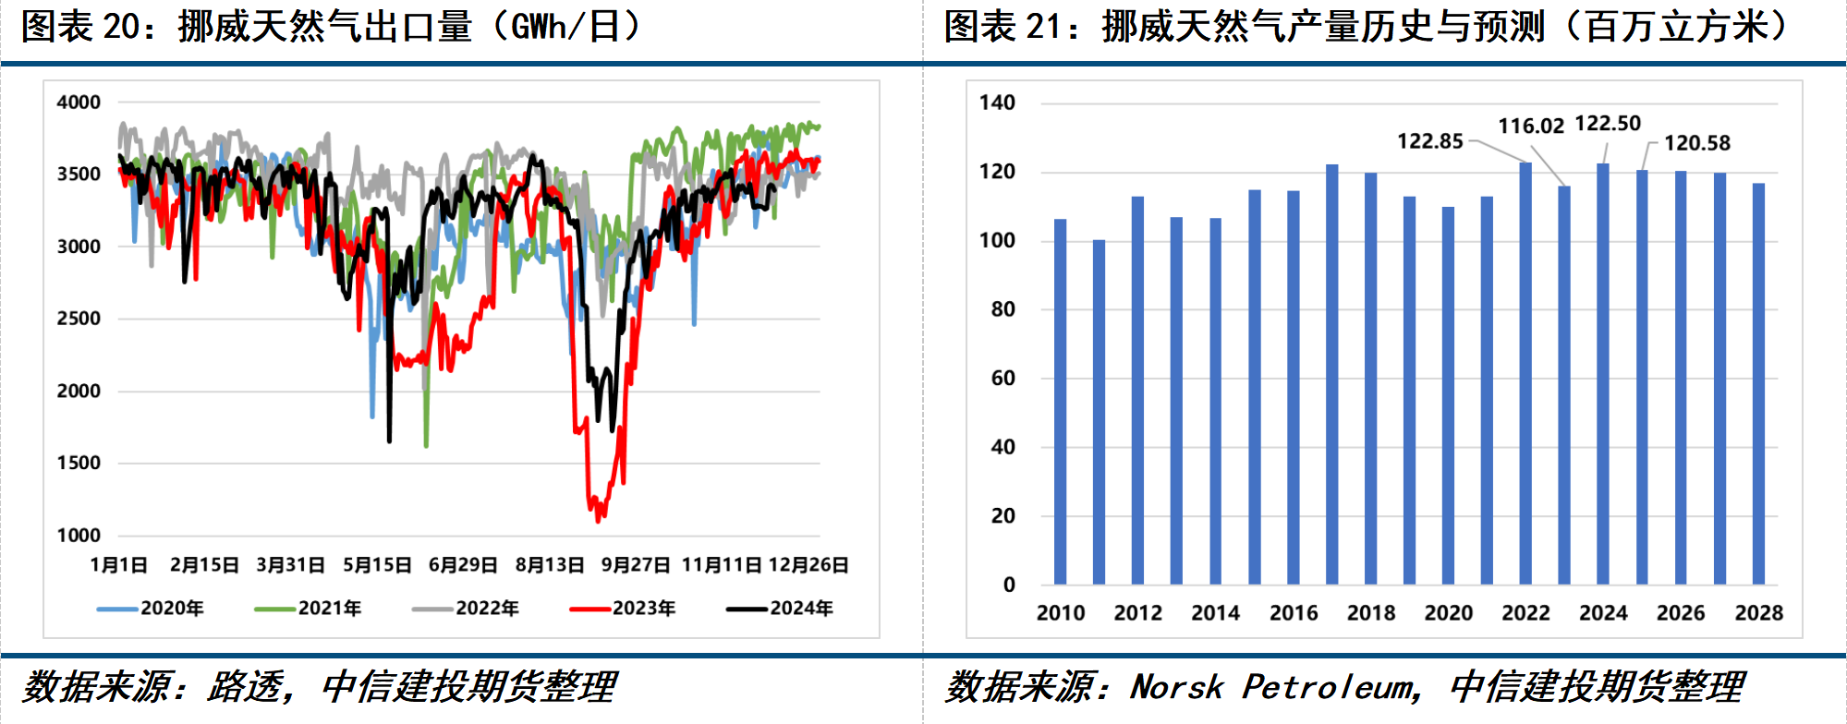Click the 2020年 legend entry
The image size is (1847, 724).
(152, 609)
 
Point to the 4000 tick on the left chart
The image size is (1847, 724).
(79, 103)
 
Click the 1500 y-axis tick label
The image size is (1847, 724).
(79, 463)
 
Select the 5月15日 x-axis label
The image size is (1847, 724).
(377, 565)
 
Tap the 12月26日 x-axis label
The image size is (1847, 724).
(808, 565)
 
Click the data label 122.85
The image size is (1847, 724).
(1429, 141)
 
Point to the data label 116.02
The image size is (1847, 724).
(1531, 126)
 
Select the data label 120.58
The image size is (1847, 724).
(1697, 143)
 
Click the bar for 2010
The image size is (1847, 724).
(1061, 402)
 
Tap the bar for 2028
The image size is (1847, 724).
(1758, 383)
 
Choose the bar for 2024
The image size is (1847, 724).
(1603, 374)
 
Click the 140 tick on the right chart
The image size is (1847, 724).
(997, 103)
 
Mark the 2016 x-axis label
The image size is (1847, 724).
(1293, 613)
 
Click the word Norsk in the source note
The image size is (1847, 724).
(1176, 687)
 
